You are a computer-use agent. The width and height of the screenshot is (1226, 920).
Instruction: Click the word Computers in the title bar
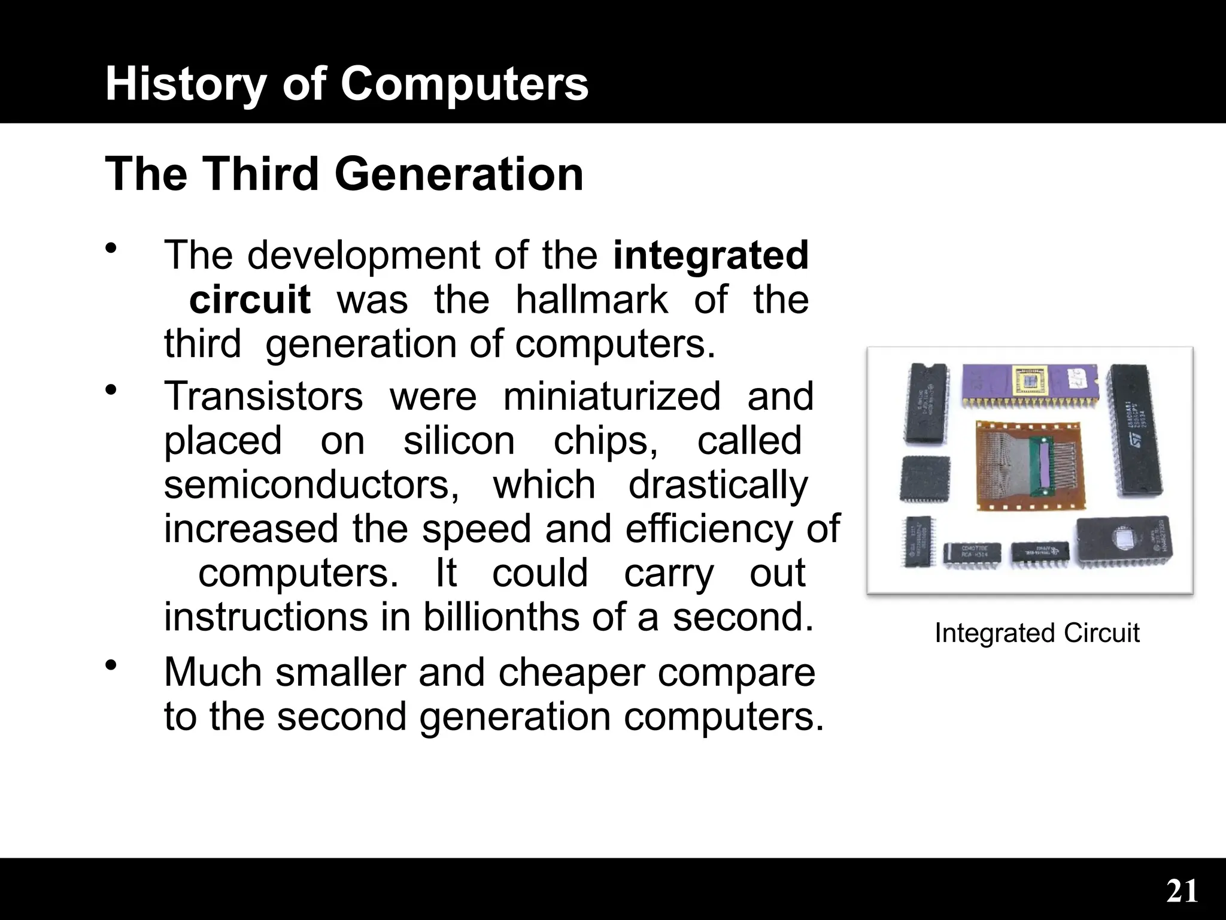pos(465,84)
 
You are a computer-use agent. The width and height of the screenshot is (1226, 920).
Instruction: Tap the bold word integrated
pos(711,255)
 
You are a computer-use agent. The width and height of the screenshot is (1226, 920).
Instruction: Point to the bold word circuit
pos(250,299)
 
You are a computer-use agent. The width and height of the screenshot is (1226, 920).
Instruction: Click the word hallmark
pos(591,299)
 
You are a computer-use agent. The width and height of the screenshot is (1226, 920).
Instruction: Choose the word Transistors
pos(263,396)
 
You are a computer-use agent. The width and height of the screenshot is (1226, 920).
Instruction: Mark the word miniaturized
pos(612,396)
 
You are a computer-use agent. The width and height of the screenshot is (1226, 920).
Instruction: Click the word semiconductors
pos(311,485)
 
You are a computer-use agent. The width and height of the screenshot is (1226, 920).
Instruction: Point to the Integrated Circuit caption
pos(1037,633)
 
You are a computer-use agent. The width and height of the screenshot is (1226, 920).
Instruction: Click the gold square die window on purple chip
pos(1030,381)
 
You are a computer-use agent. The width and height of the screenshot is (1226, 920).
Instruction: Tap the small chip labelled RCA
pos(972,554)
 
